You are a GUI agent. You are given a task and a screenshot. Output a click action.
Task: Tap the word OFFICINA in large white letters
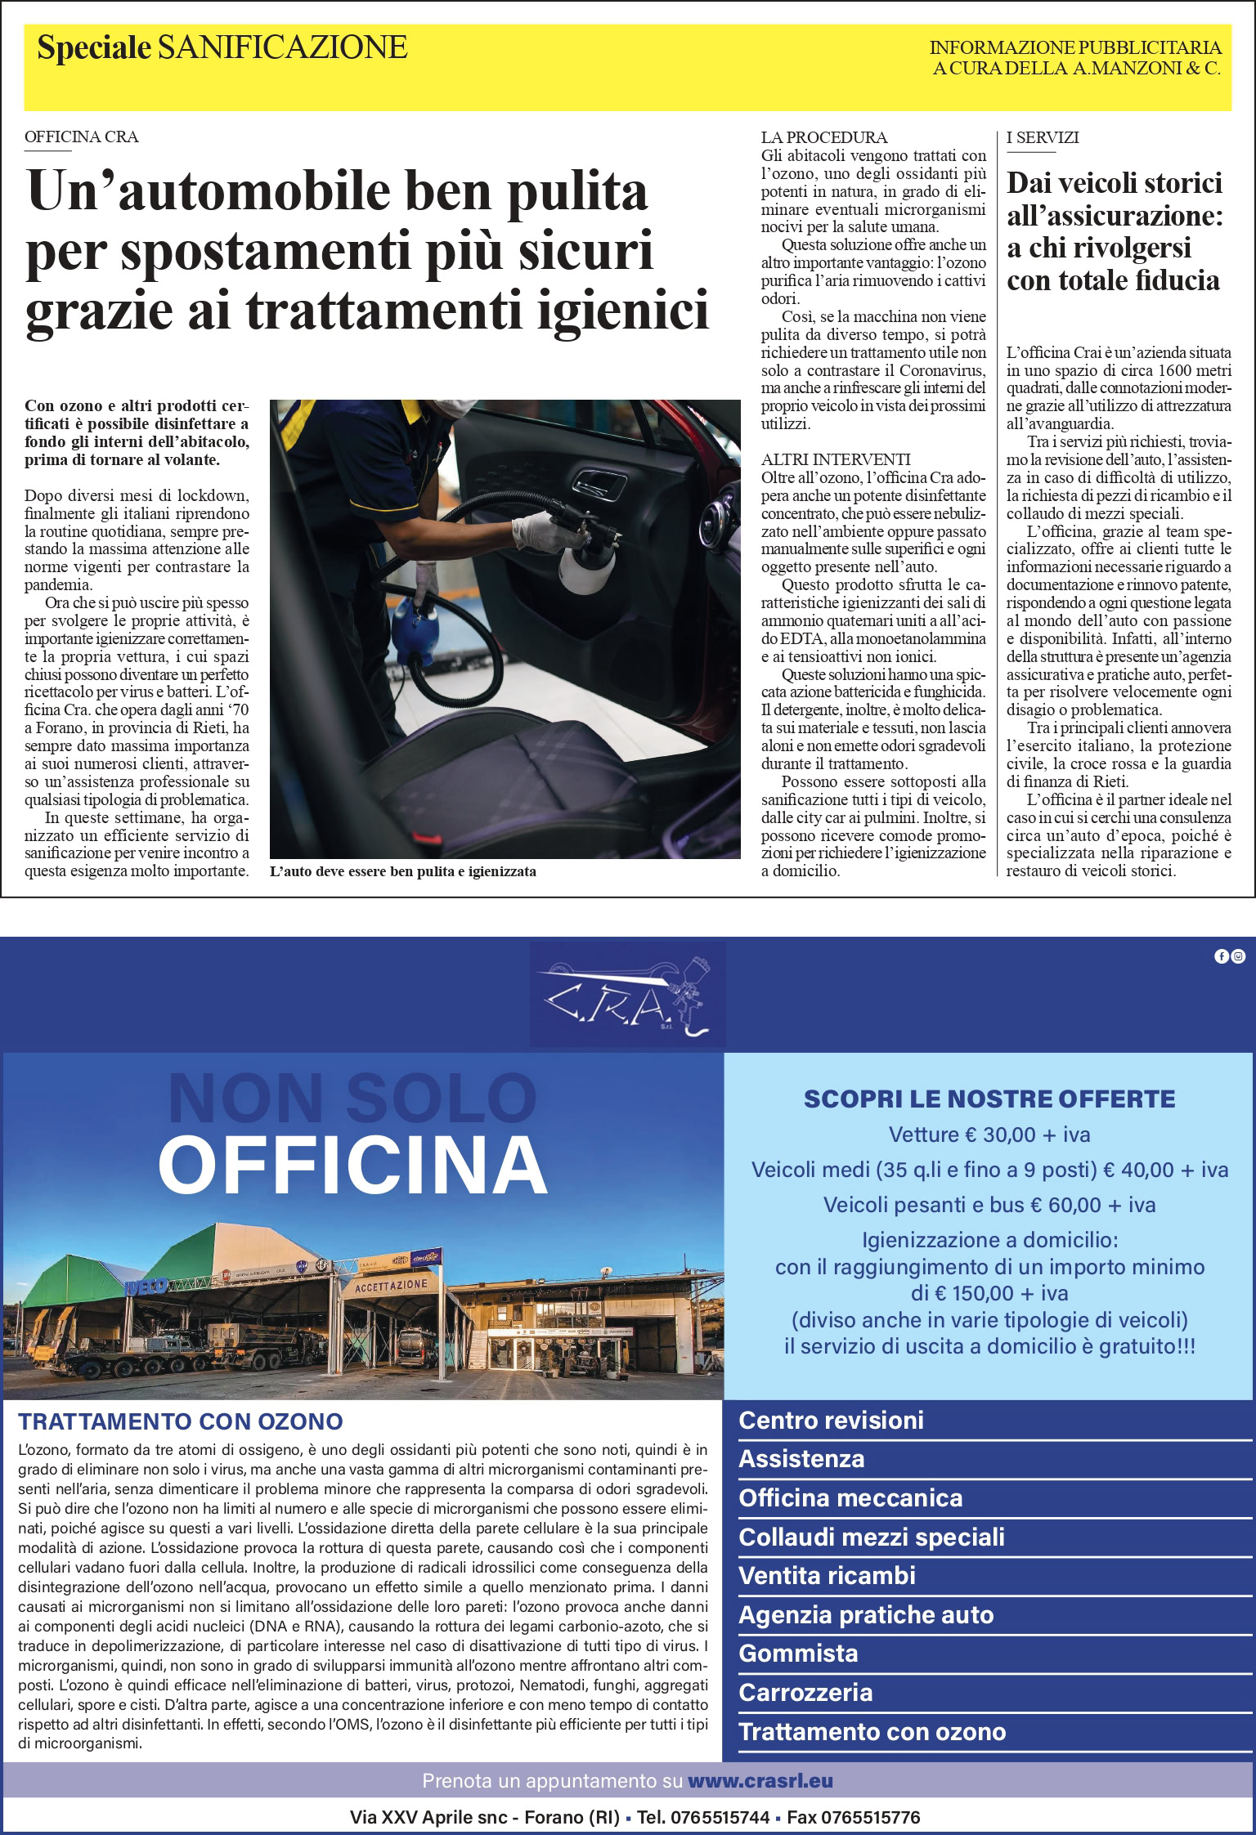tap(352, 1165)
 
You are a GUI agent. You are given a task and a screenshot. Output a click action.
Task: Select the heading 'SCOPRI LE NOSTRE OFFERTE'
tap(989, 1099)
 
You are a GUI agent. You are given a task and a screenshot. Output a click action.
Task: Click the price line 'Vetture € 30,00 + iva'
tap(989, 1135)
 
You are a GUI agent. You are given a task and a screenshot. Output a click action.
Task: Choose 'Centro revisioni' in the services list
tap(831, 1421)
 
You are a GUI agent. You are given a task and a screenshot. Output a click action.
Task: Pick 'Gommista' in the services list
tap(798, 1653)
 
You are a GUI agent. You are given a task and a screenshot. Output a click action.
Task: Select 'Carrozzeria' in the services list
tap(805, 1692)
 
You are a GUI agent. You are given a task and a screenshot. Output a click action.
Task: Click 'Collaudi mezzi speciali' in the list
tap(872, 1537)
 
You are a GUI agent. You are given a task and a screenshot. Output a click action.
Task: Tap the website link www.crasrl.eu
tap(760, 1781)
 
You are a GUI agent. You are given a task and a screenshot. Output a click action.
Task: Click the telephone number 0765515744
tap(720, 1818)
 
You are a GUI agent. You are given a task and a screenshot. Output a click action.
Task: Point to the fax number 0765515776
tap(871, 1818)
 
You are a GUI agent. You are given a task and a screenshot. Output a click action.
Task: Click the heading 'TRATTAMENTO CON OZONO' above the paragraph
tap(181, 1422)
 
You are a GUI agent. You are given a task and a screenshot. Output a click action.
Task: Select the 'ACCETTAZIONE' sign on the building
tap(391, 1286)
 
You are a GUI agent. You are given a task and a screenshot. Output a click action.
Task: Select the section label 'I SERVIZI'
tap(1043, 137)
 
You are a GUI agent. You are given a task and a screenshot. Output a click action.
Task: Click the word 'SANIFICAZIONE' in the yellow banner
tap(282, 48)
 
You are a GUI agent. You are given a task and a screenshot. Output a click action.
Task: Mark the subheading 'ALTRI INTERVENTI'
tap(836, 459)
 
